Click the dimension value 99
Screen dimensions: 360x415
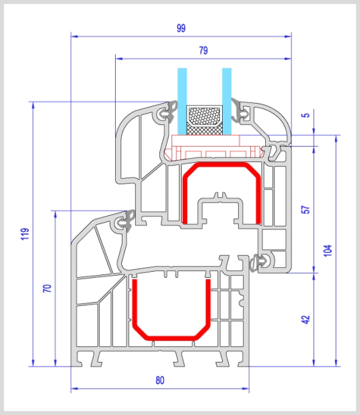[181, 28]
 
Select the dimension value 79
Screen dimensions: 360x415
[203, 50]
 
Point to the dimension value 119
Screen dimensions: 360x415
[25, 234]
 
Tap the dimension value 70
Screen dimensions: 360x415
[47, 289]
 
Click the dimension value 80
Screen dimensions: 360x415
[160, 380]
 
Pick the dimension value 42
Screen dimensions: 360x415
[305, 319]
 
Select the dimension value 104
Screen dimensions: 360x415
[328, 250]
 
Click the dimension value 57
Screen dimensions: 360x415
[305, 210]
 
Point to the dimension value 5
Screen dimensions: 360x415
[305, 115]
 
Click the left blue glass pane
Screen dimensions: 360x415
[182, 102]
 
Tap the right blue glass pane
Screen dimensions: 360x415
[227, 102]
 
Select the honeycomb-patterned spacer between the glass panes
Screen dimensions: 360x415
[205, 116]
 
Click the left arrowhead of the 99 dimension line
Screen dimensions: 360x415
[74, 36]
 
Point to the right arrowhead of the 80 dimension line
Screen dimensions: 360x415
[246, 389]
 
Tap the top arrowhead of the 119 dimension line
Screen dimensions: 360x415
[33, 105]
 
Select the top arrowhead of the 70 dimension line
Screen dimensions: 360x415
[55, 215]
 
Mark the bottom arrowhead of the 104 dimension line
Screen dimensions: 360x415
[336, 363]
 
